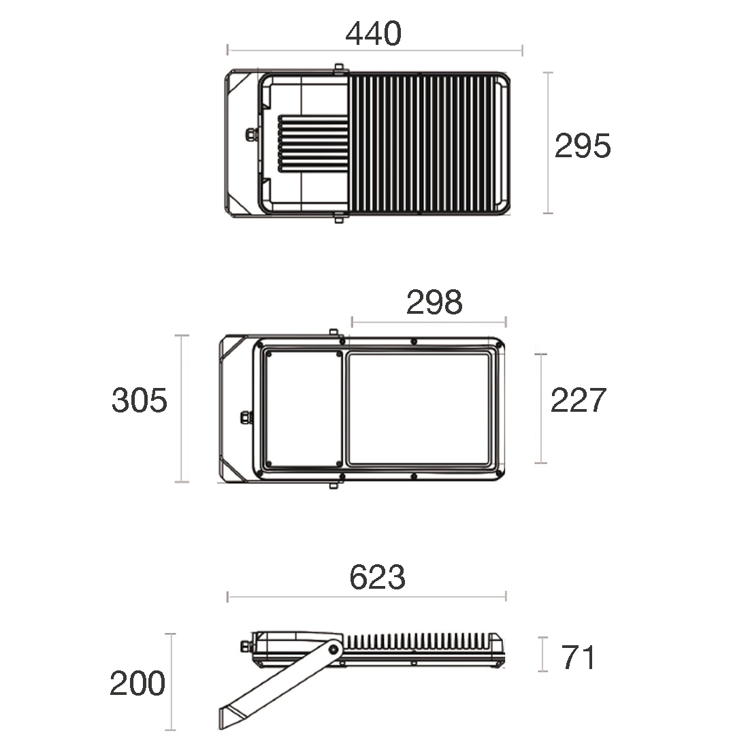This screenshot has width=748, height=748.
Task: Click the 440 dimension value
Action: tap(374, 33)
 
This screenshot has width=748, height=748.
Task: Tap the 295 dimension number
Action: tap(583, 146)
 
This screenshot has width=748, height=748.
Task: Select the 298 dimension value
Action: tap(434, 302)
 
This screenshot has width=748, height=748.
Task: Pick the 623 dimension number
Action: tap(377, 577)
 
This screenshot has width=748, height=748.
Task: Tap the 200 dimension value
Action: tap(137, 683)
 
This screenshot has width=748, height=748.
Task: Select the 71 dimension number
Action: tap(578, 657)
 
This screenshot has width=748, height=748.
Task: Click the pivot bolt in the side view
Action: tap(334, 650)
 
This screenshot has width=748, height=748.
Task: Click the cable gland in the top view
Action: tap(251, 134)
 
